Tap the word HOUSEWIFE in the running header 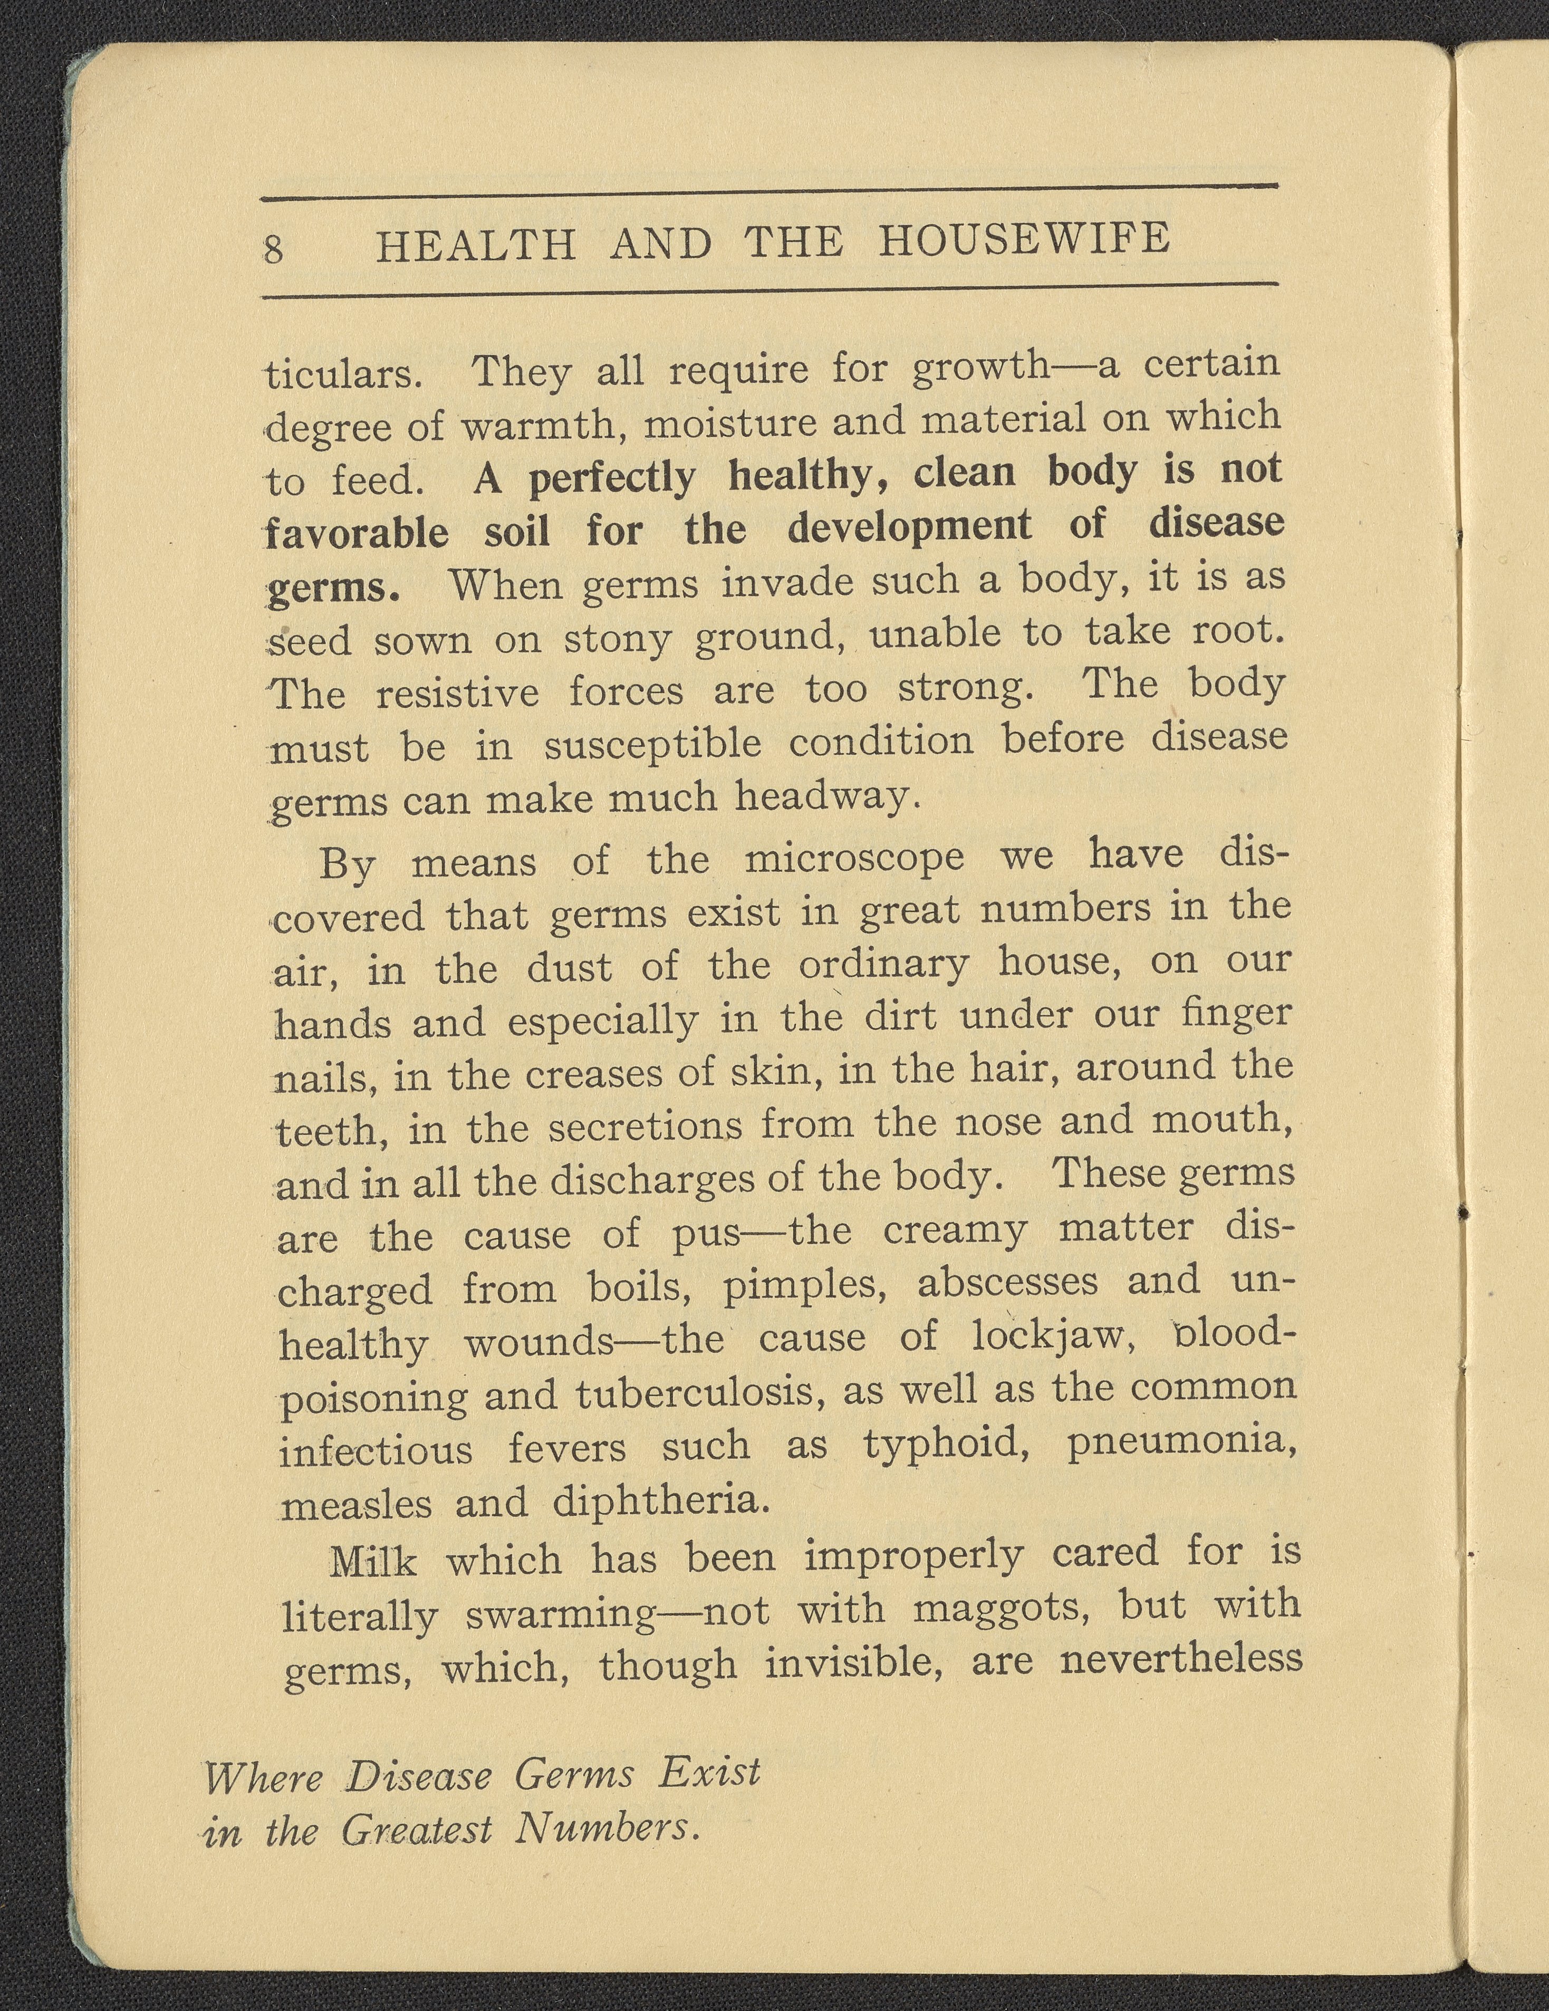coord(1024,240)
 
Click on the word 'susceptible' coord(652,744)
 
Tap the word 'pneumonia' coord(1181,1442)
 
